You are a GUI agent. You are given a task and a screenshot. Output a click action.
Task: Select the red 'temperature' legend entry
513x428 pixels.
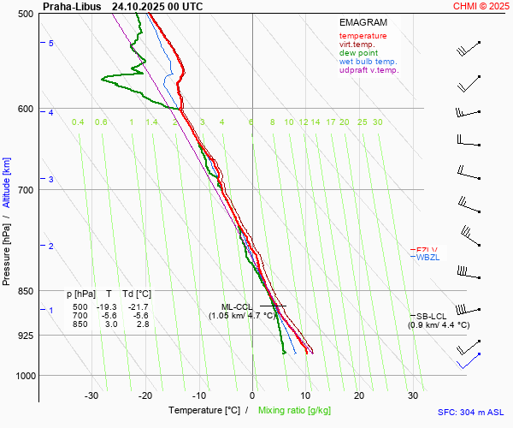pyautogui.click(x=363, y=36)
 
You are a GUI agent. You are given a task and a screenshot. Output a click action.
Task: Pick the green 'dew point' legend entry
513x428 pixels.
pyautogui.click(x=358, y=53)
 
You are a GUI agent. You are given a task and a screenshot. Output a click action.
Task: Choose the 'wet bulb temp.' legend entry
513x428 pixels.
pyautogui.click(x=368, y=62)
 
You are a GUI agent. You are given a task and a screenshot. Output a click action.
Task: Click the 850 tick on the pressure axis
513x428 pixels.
pyautogui.click(x=25, y=291)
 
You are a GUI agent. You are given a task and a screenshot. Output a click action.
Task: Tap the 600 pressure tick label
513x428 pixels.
pyautogui.click(x=25, y=109)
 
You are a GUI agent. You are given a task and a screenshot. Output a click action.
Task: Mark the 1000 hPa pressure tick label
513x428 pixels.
pyautogui.click(x=22, y=376)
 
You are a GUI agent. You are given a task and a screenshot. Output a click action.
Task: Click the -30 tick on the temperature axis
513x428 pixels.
pyautogui.click(x=91, y=395)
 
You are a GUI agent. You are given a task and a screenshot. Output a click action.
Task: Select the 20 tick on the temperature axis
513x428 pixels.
pyautogui.click(x=359, y=395)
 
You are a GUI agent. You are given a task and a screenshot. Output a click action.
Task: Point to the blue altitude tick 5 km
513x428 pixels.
pyautogui.click(x=51, y=43)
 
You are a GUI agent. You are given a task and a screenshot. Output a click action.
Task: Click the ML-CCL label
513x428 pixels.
pyautogui.click(x=237, y=306)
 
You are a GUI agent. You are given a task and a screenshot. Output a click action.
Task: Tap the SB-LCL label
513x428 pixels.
pyautogui.click(x=432, y=316)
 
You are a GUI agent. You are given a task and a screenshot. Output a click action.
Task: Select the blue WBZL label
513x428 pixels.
pyautogui.click(x=427, y=258)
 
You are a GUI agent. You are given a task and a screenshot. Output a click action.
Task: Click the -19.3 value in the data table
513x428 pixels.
pyautogui.click(x=106, y=306)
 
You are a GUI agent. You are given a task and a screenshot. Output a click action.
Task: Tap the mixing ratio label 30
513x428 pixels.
pyautogui.click(x=377, y=122)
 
